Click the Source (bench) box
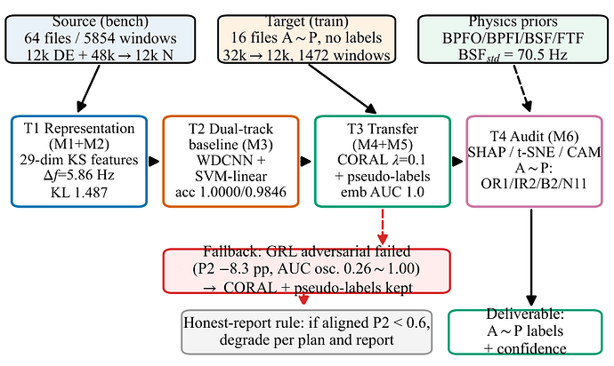pyautogui.click(x=101, y=39)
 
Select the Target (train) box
pyautogui.click(x=307, y=39)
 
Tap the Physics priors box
pyautogui.click(x=513, y=39)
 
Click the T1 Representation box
pyautogui.click(x=79, y=161)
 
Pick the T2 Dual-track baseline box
pyautogui.click(x=230, y=161)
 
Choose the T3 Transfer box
pyautogui.click(x=383, y=161)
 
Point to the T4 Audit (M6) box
pyautogui.click(x=535, y=161)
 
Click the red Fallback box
pyautogui.click(x=307, y=271)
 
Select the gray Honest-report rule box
pyautogui.click(x=307, y=332)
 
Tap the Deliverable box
pyautogui.click(x=525, y=332)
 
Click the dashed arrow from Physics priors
pyautogui.click(x=522, y=88)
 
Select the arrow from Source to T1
pyautogui.click(x=89, y=88)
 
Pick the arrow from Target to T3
pyautogui.click(x=343, y=89)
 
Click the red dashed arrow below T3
pyautogui.click(x=383, y=227)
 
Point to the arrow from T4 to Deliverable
pyautogui.click(x=531, y=258)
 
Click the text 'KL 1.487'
pyautogui.click(x=79, y=193)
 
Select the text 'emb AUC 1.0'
pyautogui.click(x=383, y=192)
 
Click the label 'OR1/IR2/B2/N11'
pyautogui.click(x=534, y=183)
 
